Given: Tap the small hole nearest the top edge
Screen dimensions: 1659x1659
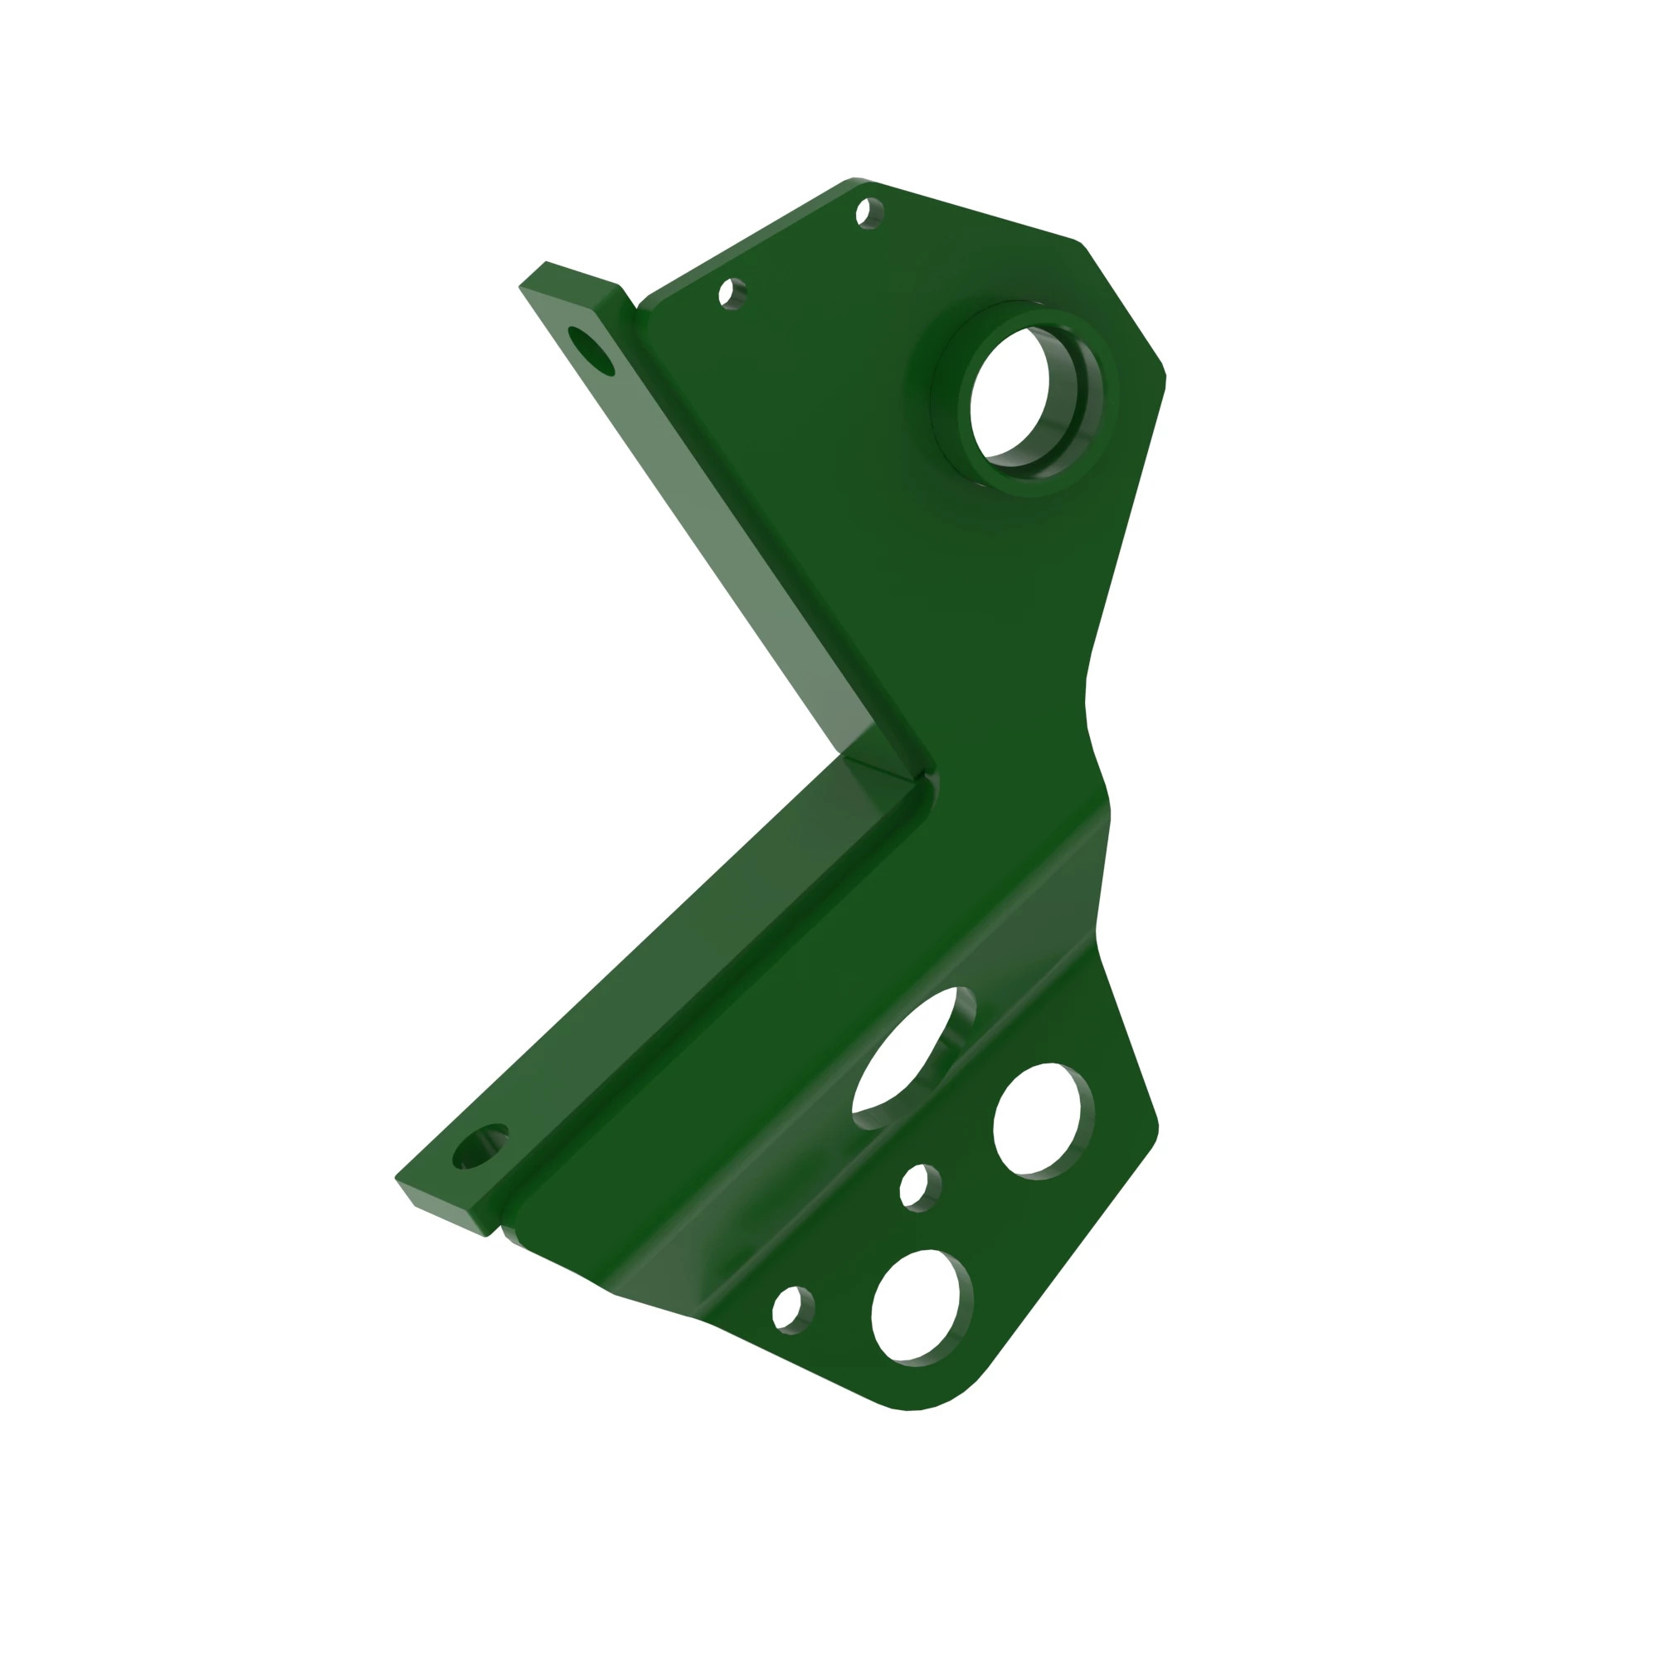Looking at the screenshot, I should coord(869,212).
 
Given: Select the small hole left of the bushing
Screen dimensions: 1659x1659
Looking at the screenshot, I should coord(731,294).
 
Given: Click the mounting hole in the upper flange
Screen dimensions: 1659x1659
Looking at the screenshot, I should coord(591,350).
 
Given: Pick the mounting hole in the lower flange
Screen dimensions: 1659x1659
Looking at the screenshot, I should coord(480,1146).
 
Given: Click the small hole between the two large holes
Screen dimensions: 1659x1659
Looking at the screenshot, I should coord(919,1189).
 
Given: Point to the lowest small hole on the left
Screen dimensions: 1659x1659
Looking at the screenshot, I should coord(791,1310).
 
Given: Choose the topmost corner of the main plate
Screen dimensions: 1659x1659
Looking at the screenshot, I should coord(856,180).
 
